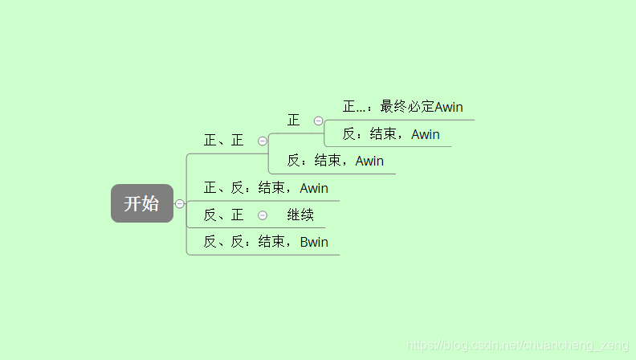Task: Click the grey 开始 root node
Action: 141,203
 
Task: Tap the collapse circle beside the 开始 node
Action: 179,203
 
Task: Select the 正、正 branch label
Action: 223,141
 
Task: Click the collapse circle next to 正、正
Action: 263,141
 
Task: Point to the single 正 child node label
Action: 293,121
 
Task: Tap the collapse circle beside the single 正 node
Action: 318,121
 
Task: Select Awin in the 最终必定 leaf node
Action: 449,107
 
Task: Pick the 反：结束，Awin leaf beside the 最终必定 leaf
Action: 391,134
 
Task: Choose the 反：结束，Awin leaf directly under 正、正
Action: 336,161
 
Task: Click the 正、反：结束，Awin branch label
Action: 266,188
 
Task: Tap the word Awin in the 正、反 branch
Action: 314,188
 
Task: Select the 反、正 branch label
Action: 223,215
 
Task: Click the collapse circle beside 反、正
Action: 263,215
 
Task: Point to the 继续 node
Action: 300,215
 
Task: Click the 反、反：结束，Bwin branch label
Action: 266,242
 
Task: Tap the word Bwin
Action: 314,242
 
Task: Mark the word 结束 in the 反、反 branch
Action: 271,242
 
